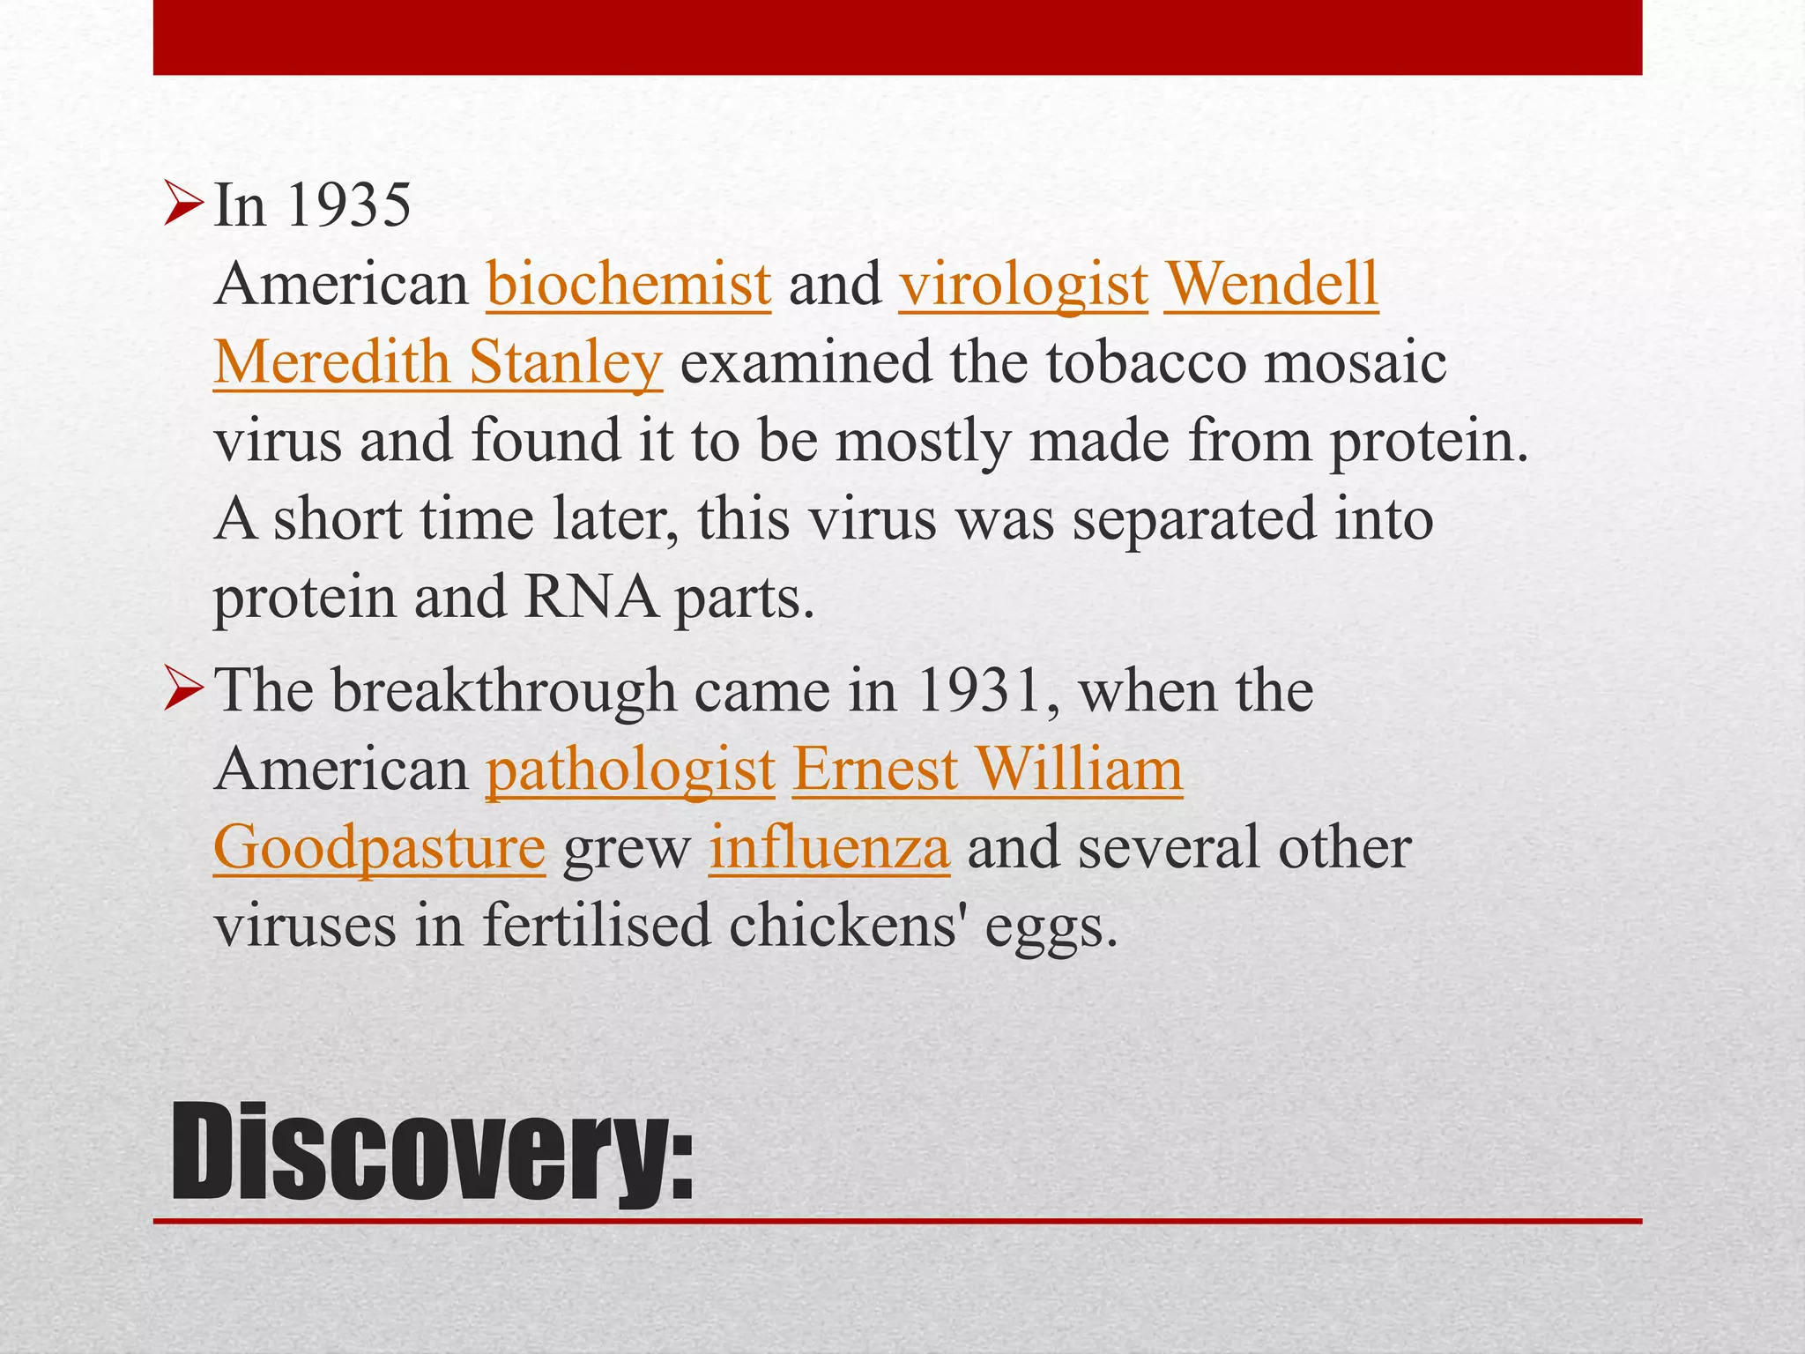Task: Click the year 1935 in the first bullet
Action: (x=348, y=206)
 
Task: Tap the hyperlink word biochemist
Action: (x=628, y=285)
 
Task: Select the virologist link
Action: (x=1023, y=285)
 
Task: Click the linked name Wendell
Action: (x=1271, y=285)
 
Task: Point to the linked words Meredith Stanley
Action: (x=437, y=362)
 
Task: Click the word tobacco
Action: (x=1147, y=362)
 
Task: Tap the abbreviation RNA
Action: (x=591, y=598)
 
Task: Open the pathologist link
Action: (x=630, y=770)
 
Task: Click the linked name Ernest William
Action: (x=987, y=770)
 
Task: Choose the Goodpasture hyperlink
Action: (x=379, y=848)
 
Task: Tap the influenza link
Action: (x=829, y=848)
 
